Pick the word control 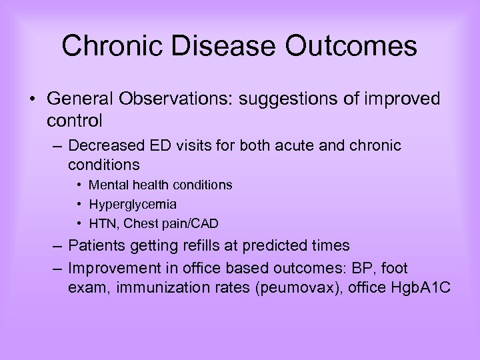click(x=75, y=121)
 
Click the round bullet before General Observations click(x=33, y=100)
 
